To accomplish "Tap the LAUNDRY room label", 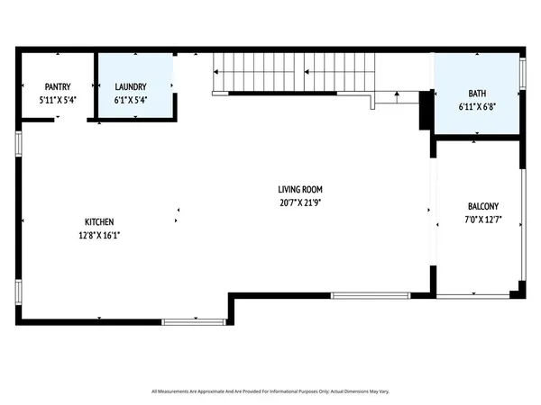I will pos(131,88).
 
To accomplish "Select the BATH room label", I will pos(476,94).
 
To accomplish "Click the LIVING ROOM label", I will pos(300,190).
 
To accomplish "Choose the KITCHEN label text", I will pos(99,222).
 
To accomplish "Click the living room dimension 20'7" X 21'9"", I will pos(300,202).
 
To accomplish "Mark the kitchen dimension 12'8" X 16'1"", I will pos(99,234).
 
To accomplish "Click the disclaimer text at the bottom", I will pos(270,391).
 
